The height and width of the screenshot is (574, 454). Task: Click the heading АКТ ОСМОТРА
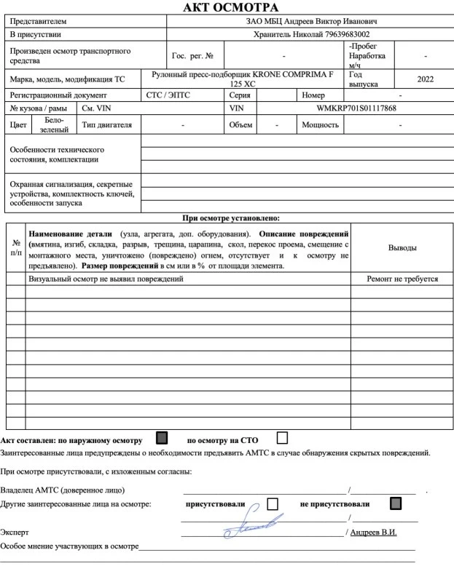click(x=227, y=7)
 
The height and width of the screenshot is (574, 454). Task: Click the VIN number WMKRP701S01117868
click(x=356, y=108)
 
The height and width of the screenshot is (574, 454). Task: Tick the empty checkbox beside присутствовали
click(x=273, y=503)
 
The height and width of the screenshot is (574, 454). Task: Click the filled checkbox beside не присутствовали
click(x=396, y=503)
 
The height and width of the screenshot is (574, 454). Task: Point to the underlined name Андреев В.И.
click(x=373, y=532)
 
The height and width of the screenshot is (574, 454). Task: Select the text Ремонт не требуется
click(x=402, y=279)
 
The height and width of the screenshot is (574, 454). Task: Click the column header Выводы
click(x=402, y=248)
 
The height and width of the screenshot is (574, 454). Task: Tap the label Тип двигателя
click(x=107, y=124)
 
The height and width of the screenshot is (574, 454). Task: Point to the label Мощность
click(x=320, y=124)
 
